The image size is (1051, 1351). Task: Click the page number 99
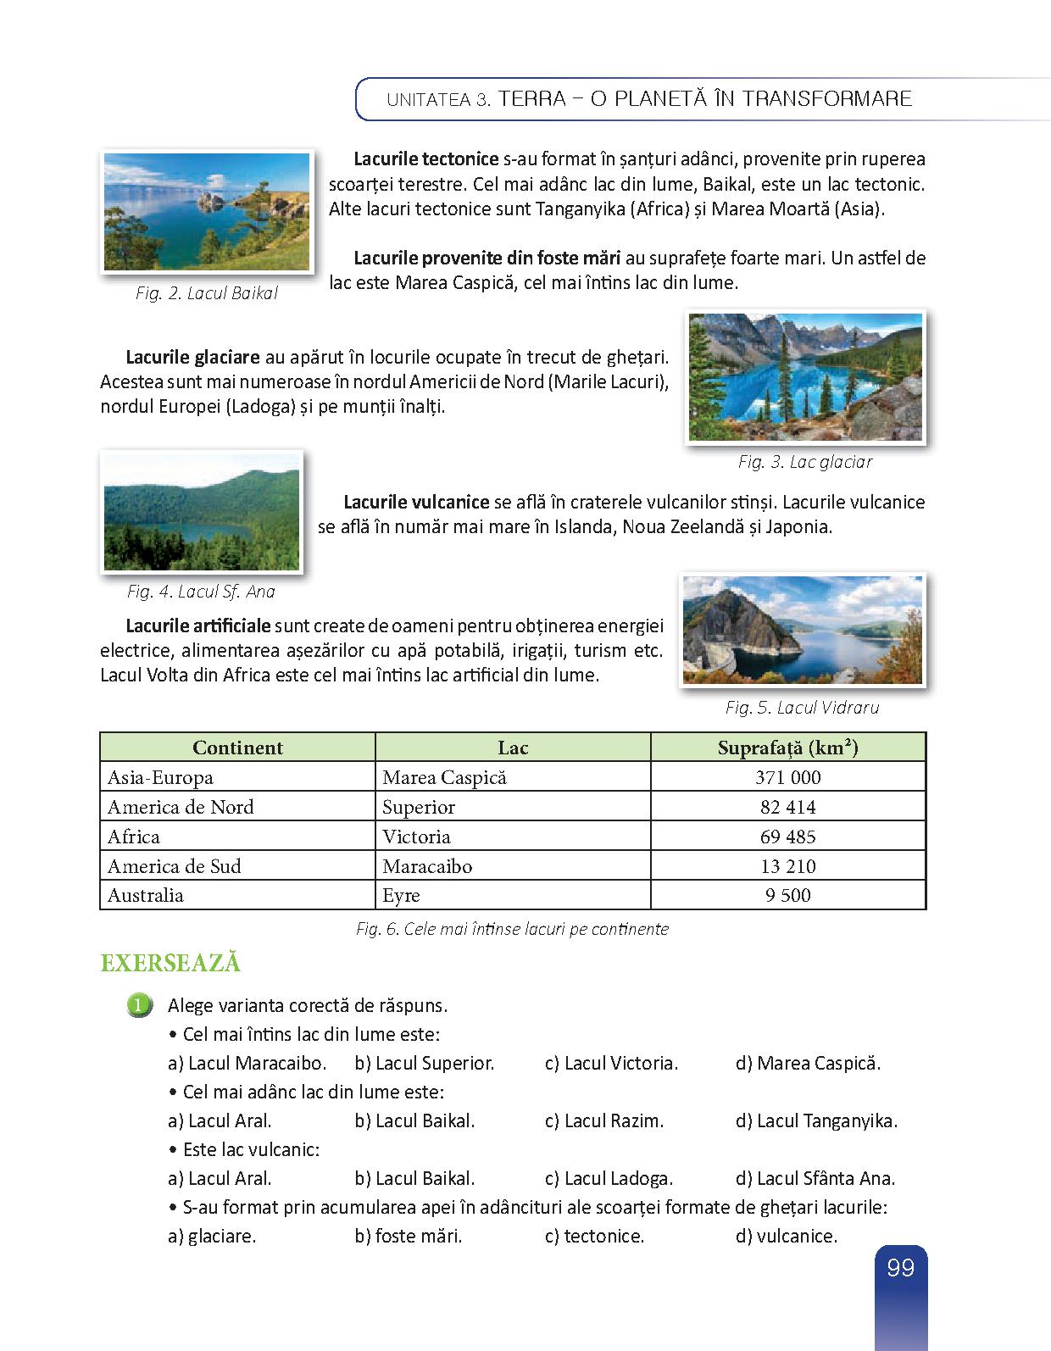pyautogui.click(x=900, y=1268)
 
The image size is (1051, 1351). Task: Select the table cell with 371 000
pyautogui.click(x=787, y=777)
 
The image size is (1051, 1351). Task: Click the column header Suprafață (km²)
pyautogui.click(x=787, y=748)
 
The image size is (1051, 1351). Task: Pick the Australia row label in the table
pyautogui.click(x=146, y=895)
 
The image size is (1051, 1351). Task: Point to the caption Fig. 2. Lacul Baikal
pyautogui.click(x=207, y=293)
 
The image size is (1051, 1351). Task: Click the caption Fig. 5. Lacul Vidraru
pyautogui.click(x=802, y=708)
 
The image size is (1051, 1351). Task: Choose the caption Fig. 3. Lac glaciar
pyautogui.click(x=804, y=462)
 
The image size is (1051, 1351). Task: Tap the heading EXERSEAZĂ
pyautogui.click(x=170, y=964)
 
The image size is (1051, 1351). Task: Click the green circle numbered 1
pyautogui.click(x=139, y=1005)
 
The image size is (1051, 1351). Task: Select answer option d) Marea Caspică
pyautogui.click(x=808, y=1063)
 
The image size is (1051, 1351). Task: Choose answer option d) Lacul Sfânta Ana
pyautogui.click(x=815, y=1178)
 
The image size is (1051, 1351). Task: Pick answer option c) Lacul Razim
pyautogui.click(x=603, y=1120)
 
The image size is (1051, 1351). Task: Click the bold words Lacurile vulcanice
pyautogui.click(x=416, y=502)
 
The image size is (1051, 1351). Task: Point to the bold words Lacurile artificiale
pyautogui.click(x=197, y=626)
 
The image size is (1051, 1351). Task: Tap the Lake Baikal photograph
pyautogui.click(x=207, y=212)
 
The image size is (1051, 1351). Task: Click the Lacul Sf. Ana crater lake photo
pyautogui.click(x=202, y=511)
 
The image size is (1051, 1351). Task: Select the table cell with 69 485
pyautogui.click(x=787, y=837)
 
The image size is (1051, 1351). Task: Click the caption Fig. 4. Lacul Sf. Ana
pyautogui.click(x=201, y=592)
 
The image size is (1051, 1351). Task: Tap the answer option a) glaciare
pyautogui.click(x=212, y=1236)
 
